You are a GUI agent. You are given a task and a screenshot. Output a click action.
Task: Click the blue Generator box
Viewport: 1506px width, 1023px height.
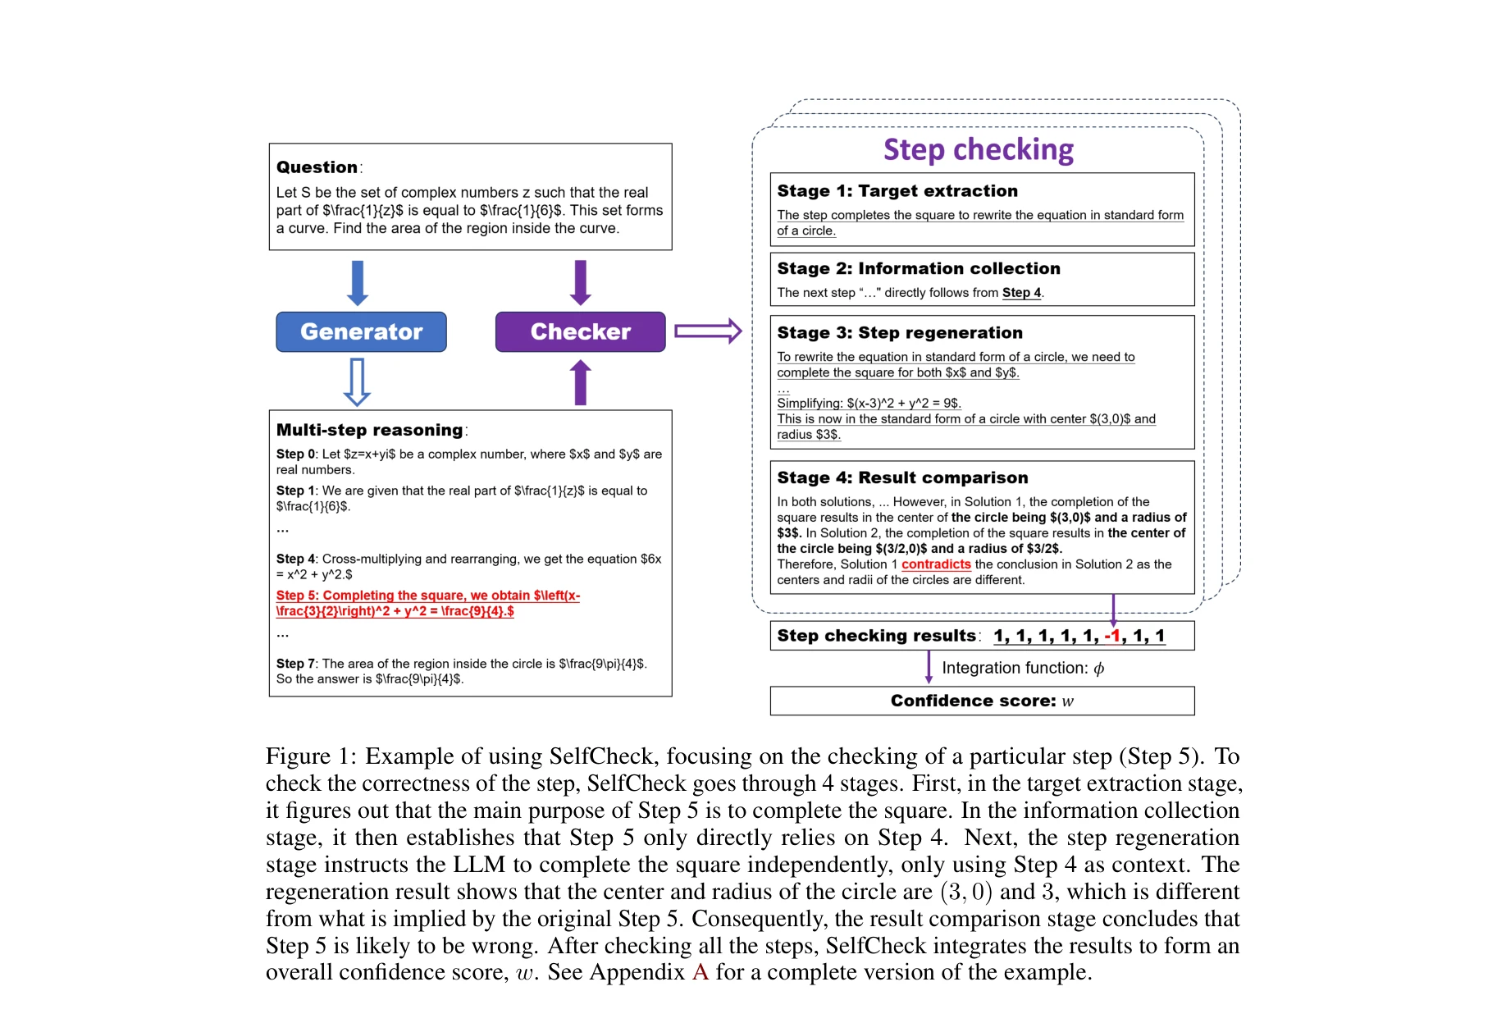click(361, 331)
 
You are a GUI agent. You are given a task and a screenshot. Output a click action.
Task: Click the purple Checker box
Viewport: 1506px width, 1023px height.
click(580, 331)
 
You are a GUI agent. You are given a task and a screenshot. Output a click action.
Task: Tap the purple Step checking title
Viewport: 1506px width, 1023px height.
click(978, 149)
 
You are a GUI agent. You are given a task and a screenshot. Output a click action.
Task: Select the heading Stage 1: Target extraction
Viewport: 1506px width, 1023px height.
click(897, 191)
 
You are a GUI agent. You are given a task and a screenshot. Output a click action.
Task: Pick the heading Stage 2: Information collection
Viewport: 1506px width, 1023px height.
click(918, 269)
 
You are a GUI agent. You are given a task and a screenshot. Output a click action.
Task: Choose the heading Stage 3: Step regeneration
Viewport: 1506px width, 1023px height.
click(899, 333)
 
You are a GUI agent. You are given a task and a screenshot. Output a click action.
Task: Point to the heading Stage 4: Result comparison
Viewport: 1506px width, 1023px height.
click(901, 478)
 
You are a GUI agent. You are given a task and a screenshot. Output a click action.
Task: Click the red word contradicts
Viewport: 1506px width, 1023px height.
click(935, 564)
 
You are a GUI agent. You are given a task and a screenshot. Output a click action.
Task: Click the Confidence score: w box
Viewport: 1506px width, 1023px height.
click(981, 701)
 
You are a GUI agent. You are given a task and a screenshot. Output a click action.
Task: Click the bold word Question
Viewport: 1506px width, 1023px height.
click(317, 167)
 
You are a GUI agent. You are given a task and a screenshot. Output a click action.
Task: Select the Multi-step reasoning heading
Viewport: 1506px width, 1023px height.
click(369, 430)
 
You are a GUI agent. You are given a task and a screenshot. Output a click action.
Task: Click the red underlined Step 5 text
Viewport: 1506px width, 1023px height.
click(427, 603)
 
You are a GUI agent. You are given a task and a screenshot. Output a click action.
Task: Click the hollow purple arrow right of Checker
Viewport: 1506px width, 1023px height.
click(708, 331)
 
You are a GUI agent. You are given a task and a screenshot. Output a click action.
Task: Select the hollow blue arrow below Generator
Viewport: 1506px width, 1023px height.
click(357, 382)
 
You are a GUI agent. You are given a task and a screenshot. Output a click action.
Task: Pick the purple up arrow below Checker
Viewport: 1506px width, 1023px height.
click(580, 382)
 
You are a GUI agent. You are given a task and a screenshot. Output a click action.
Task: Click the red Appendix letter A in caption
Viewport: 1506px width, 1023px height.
click(700, 972)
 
